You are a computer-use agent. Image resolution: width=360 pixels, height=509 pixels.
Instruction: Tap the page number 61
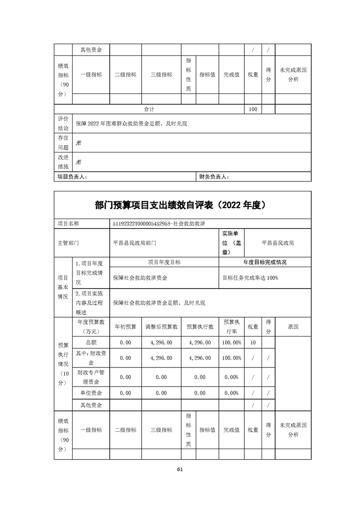coord(180,469)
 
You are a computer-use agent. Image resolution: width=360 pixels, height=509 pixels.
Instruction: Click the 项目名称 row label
coord(69,224)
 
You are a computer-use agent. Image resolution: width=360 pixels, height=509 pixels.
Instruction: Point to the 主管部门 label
coord(69,243)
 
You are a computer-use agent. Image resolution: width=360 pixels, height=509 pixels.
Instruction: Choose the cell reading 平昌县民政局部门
coord(134,243)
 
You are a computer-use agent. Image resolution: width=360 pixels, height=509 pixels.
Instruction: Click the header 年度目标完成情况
coord(265,262)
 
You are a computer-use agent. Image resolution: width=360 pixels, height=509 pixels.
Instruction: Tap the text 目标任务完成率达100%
coord(250,278)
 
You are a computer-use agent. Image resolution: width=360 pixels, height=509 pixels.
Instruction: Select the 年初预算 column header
coord(125,327)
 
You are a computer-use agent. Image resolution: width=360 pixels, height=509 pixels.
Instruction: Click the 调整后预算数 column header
coord(161,327)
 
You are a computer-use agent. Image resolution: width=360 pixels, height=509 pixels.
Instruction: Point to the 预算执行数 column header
coord(200,327)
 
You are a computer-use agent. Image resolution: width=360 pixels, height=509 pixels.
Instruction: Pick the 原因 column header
coord(293,327)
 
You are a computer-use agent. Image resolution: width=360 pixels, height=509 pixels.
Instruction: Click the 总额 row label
coord(91,343)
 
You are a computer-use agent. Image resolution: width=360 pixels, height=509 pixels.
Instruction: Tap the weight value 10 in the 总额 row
coord(253,343)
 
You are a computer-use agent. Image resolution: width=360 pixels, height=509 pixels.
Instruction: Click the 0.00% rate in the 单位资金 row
coord(232,393)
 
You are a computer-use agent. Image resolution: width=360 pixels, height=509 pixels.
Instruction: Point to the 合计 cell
coord(149,109)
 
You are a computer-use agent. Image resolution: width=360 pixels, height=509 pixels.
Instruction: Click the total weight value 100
coord(253,109)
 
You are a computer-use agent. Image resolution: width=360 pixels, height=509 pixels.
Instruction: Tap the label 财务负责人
coord(214,177)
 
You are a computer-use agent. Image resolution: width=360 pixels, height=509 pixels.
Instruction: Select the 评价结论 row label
coord(63,123)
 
